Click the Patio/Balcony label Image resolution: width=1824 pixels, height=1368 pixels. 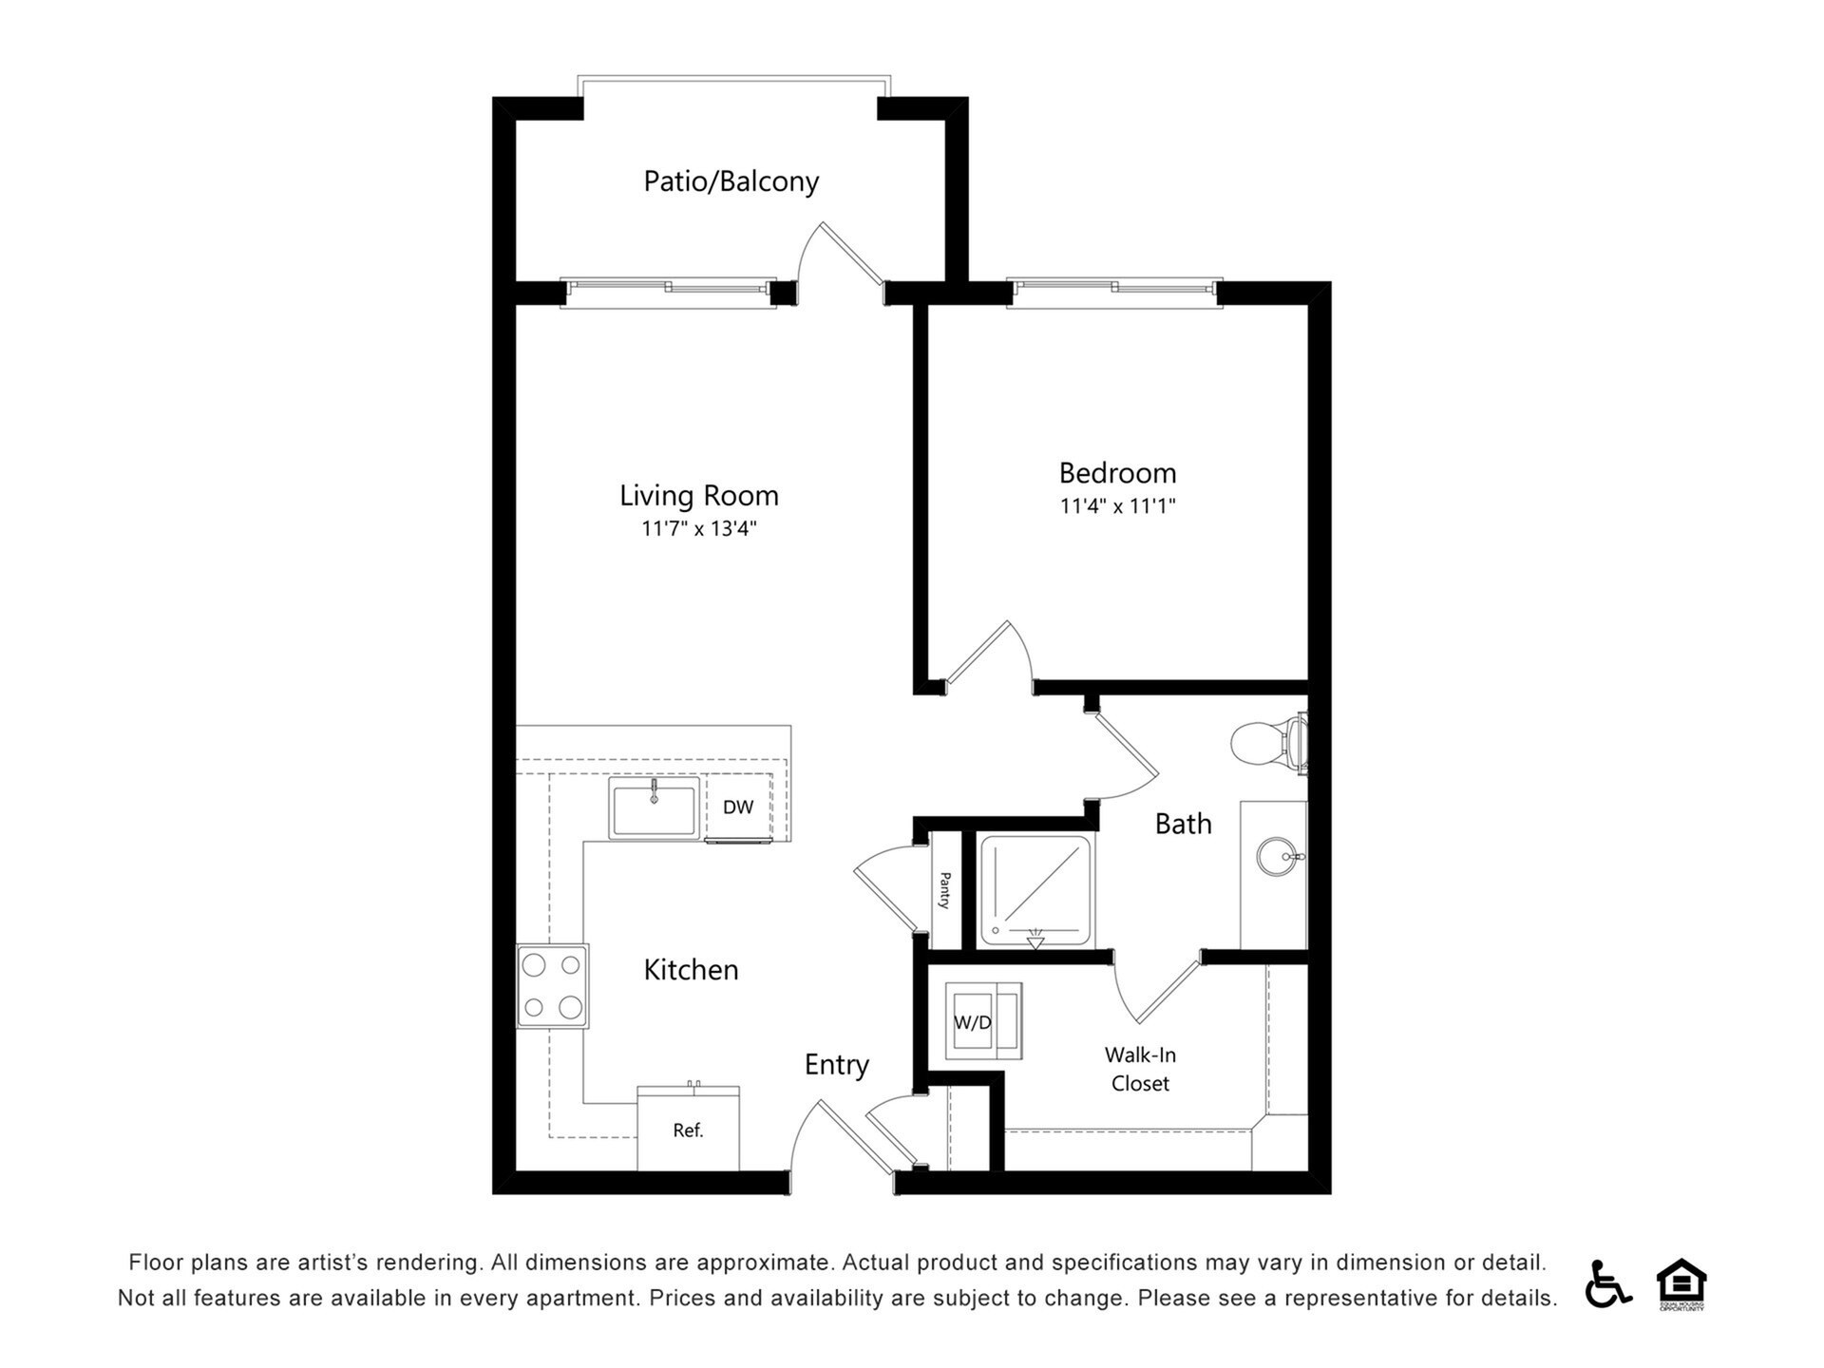[x=731, y=181]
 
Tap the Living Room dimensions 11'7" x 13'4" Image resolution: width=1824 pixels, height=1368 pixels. [x=698, y=529]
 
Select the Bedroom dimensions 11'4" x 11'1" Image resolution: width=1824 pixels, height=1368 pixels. [x=1117, y=506]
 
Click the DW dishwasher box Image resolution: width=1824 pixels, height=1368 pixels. [x=738, y=807]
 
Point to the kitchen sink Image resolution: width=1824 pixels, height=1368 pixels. [x=654, y=808]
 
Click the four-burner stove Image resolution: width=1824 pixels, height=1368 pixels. [x=552, y=986]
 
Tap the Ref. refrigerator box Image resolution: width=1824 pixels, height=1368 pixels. [x=688, y=1130]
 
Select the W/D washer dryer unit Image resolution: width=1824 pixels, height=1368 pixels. [x=982, y=1021]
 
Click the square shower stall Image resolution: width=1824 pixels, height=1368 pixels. [x=1035, y=891]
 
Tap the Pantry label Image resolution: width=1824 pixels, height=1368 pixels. [x=944, y=890]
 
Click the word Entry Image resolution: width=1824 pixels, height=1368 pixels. [x=836, y=1065]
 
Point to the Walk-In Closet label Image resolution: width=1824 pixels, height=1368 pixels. [x=1140, y=1069]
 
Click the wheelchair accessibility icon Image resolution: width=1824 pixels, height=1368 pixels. [x=1606, y=1283]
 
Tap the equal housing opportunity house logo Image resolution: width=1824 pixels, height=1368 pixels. [x=1681, y=1283]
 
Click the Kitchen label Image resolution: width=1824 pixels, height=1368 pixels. [x=691, y=970]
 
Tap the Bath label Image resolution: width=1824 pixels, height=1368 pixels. [x=1183, y=824]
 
